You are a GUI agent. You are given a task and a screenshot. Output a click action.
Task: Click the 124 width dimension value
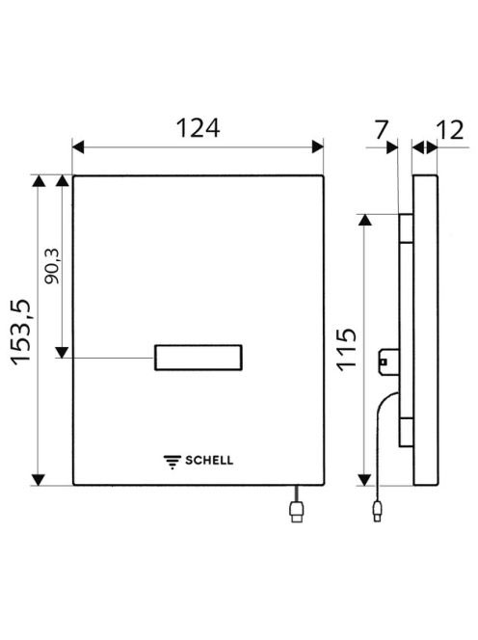click(x=198, y=128)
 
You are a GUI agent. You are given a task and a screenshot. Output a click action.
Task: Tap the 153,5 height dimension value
click(x=21, y=332)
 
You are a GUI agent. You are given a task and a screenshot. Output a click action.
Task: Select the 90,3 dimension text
click(x=52, y=266)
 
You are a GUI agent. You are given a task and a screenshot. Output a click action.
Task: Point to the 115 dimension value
click(x=347, y=349)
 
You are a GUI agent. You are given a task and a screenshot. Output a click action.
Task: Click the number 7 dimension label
click(x=381, y=129)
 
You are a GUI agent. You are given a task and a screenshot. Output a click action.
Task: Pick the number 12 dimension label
click(x=450, y=130)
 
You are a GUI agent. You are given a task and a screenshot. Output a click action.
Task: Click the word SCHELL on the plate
click(x=209, y=461)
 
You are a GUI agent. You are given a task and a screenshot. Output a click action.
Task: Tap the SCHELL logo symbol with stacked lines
click(x=173, y=462)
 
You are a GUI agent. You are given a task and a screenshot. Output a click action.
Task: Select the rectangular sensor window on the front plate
click(x=199, y=358)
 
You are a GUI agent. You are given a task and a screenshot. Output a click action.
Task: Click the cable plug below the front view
click(x=297, y=512)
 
